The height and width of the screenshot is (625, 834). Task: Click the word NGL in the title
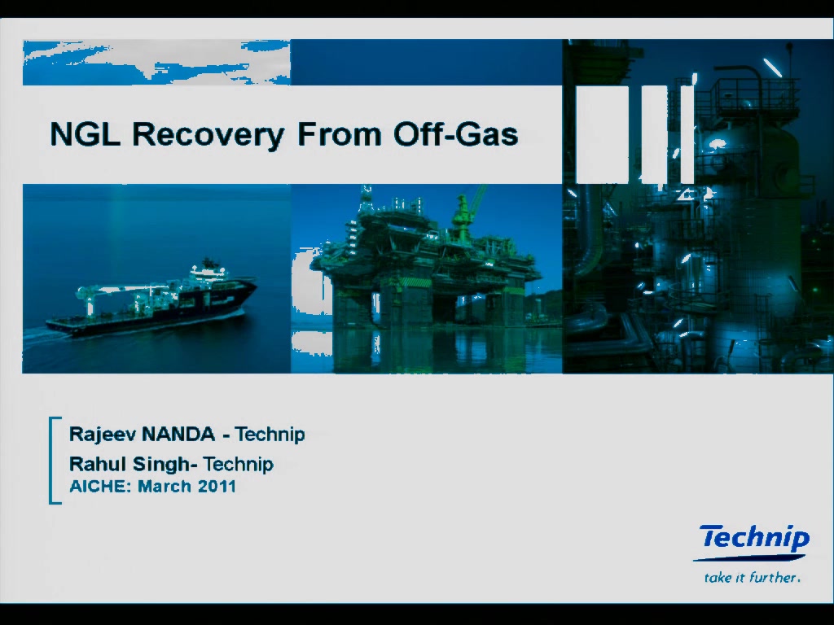(x=85, y=133)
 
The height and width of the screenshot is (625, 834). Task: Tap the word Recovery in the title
(x=208, y=135)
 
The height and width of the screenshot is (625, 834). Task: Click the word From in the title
(x=340, y=133)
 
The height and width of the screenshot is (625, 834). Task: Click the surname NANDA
(x=178, y=435)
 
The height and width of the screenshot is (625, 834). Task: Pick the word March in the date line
(x=165, y=487)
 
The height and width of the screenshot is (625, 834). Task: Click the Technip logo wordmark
(x=754, y=537)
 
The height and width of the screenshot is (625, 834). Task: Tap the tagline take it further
(x=752, y=577)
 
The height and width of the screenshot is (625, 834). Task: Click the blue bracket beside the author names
(x=51, y=461)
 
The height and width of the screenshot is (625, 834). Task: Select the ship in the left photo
(x=151, y=300)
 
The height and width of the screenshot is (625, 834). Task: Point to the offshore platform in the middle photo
(x=425, y=266)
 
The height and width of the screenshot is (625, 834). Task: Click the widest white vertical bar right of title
(x=602, y=134)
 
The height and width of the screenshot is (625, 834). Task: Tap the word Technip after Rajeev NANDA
(x=270, y=435)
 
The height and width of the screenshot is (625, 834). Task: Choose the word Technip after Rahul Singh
(x=239, y=465)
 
